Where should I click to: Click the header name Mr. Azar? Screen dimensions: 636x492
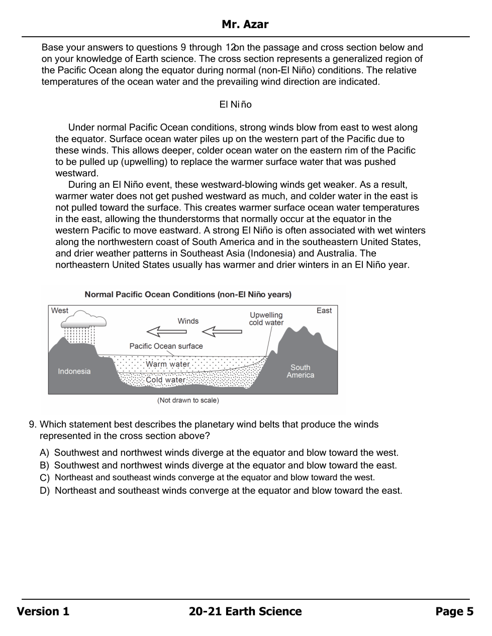(x=245, y=25)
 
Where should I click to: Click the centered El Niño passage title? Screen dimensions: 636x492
(x=235, y=104)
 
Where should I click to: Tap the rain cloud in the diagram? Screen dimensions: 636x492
(x=86, y=319)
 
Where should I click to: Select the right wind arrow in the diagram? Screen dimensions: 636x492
(x=222, y=332)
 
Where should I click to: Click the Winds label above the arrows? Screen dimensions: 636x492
(x=188, y=321)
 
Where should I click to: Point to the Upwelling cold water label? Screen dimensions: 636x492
(x=266, y=319)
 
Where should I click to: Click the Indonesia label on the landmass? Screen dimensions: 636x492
(x=74, y=371)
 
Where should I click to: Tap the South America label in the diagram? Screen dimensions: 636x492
(x=301, y=371)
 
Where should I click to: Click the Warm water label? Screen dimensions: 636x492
(x=168, y=364)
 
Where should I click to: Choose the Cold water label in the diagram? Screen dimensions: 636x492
(x=166, y=380)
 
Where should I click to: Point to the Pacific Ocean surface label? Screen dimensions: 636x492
(x=166, y=346)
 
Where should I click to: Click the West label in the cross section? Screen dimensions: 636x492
(x=60, y=310)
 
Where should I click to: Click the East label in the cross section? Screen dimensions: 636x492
(x=324, y=310)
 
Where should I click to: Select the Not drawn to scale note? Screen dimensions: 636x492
(x=188, y=400)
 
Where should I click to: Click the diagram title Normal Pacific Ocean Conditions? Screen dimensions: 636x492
(x=188, y=294)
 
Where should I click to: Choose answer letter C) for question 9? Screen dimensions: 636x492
(x=45, y=478)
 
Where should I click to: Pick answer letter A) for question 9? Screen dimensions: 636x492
(x=45, y=453)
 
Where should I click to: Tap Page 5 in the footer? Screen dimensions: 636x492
(x=454, y=611)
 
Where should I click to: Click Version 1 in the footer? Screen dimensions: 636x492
(x=43, y=611)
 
